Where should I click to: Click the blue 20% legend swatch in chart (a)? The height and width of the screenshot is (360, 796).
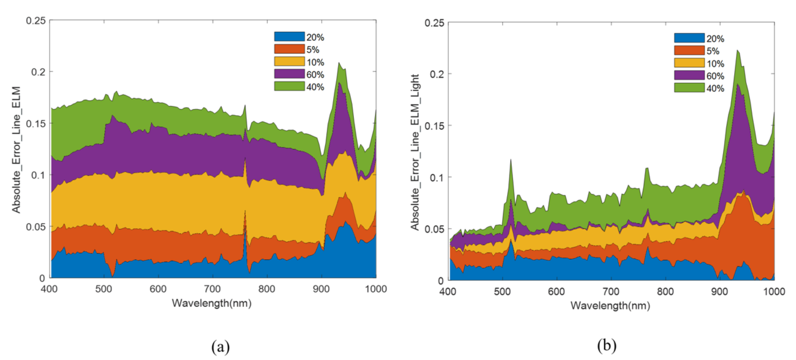[x=289, y=37]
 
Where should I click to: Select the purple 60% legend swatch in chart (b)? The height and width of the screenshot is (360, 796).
[x=689, y=75]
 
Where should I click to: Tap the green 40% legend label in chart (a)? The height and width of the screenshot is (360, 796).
[x=315, y=87]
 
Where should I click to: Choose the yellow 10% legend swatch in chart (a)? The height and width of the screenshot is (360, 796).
[x=289, y=61]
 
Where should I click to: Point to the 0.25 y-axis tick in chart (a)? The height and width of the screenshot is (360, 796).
[x=36, y=21]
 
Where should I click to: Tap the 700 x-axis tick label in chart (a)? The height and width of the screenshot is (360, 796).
[x=212, y=289]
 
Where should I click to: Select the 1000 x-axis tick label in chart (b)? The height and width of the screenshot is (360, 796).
[x=774, y=291]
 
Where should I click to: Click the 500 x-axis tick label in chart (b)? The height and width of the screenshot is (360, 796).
[x=502, y=291]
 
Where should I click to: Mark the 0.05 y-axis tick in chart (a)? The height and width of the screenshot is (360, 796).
[x=36, y=227]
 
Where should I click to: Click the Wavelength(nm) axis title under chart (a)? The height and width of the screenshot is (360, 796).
[x=212, y=303]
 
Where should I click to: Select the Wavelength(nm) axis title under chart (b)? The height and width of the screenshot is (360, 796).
[x=610, y=306]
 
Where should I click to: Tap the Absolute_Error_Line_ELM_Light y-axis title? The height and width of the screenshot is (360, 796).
[x=415, y=152]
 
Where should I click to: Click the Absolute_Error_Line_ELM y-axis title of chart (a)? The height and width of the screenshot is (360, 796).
[x=16, y=150]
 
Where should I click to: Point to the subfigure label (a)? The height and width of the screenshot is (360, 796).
[x=220, y=346]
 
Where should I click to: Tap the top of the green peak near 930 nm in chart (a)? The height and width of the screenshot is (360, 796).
[x=339, y=63]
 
